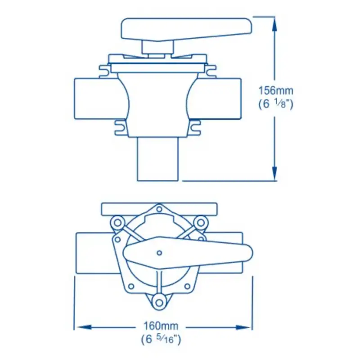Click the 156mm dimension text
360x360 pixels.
pos(276,90)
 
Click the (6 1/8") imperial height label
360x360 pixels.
pos(276,104)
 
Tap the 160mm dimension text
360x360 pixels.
pos(161,325)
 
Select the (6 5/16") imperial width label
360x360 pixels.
pos(161,339)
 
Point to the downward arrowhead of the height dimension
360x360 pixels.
pos(274,173)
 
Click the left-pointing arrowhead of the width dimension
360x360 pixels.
pos(84,327)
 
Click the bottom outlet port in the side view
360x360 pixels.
pos(158,159)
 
